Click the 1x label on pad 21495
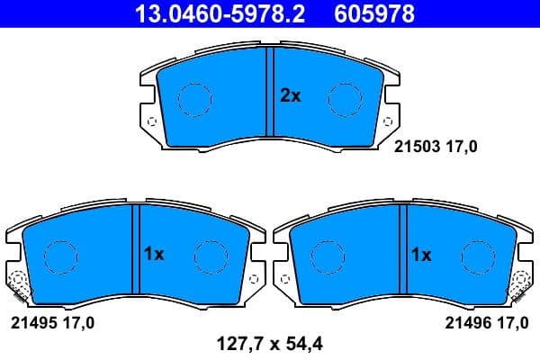pyautogui.click(x=153, y=255)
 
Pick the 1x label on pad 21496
pyautogui.click(x=420, y=255)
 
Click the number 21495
pyautogui.click(x=31, y=321)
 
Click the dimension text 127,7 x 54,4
pyautogui.click(x=269, y=342)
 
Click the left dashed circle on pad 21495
pyautogui.click(x=59, y=256)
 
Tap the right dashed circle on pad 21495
pyautogui.click(x=210, y=256)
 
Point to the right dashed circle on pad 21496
pyautogui.click(x=476, y=256)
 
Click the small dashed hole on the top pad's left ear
pyautogui.click(x=150, y=123)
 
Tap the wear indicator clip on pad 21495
pyautogui.click(x=15, y=286)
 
